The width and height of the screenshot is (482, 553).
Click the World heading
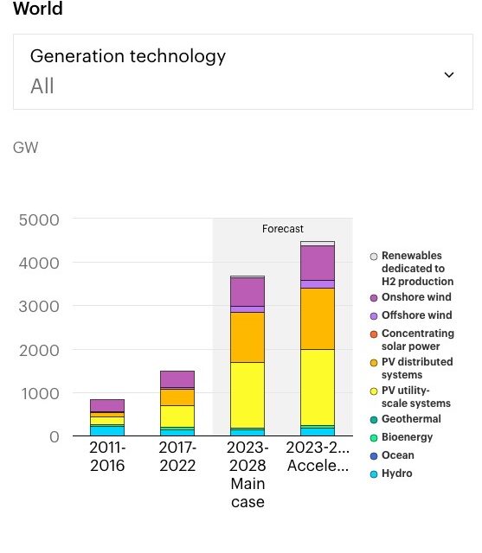(38, 10)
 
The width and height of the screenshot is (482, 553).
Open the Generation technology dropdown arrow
(448, 74)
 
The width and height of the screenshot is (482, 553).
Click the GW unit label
(26, 148)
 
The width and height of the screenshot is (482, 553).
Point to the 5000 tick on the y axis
(39, 219)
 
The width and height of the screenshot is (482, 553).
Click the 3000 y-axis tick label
(39, 307)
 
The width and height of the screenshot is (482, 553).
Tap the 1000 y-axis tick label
(39, 393)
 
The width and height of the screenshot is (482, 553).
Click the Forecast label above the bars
(283, 229)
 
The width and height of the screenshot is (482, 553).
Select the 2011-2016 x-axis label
(108, 456)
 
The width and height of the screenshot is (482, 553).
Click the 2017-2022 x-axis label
(178, 456)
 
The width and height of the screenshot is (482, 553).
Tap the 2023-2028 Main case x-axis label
(247, 474)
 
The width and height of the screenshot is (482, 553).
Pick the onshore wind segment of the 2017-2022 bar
(177, 378)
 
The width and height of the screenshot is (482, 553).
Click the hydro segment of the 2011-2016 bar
(108, 429)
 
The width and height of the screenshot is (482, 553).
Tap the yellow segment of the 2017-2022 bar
(177, 416)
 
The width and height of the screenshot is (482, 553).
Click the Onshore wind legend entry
(416, 297)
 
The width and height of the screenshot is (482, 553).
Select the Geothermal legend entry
(411, 419)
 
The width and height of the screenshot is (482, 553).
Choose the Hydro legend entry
(397, 474)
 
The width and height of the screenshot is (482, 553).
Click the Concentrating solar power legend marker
(374, 334)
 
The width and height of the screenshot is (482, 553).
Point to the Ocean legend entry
(398, 455)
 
